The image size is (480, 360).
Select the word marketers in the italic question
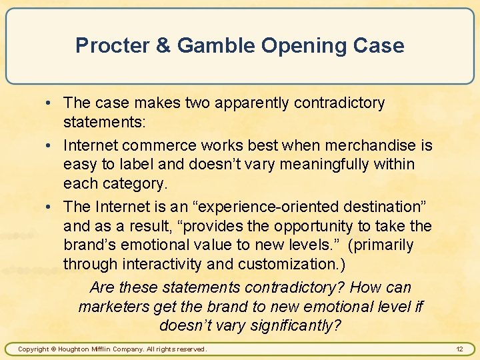coord(114,306)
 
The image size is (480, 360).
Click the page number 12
coord(459,349)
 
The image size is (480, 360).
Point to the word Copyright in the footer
coord(33,349)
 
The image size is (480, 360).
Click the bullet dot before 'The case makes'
coord(52,103)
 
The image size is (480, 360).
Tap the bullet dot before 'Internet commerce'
coord(52,145)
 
